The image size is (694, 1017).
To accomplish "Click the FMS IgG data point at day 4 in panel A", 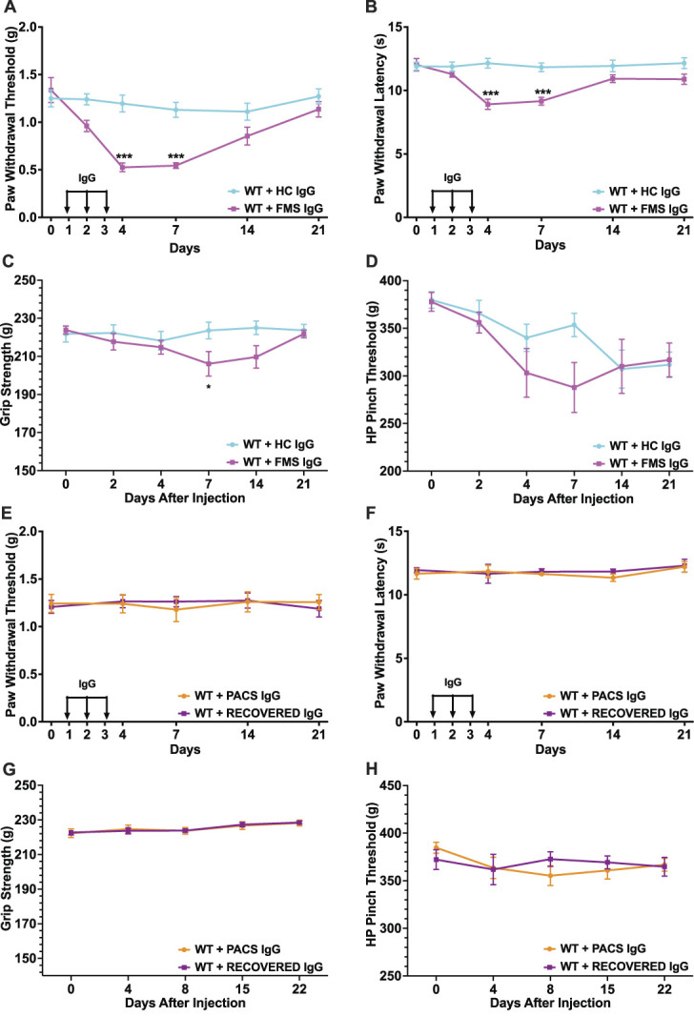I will pyautogui.click(x=123, y=168).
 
